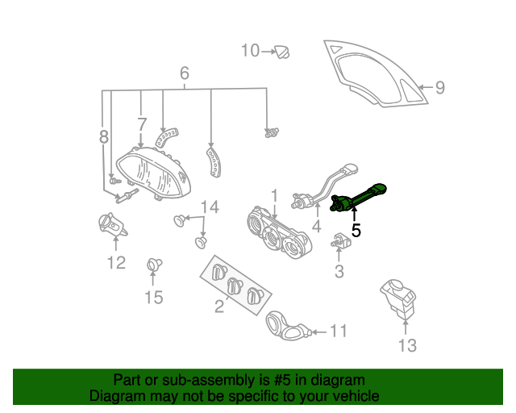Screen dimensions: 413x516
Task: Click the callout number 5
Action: [356, 230]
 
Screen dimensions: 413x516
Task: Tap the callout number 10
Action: [251, 51]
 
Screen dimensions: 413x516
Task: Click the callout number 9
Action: [439, 88]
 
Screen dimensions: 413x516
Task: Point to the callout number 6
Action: [185, 74]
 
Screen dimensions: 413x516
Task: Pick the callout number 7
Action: [142, 124]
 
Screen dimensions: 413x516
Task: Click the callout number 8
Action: [104, 138]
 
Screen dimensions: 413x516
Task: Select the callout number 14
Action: [209, 207]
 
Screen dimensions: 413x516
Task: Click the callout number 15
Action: [153, 298]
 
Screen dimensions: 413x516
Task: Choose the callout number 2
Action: [218, 306]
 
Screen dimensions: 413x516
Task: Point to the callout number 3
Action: [339, 272]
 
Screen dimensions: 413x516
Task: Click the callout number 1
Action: [274, 195]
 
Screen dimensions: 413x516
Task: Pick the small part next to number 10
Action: [283, 52]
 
